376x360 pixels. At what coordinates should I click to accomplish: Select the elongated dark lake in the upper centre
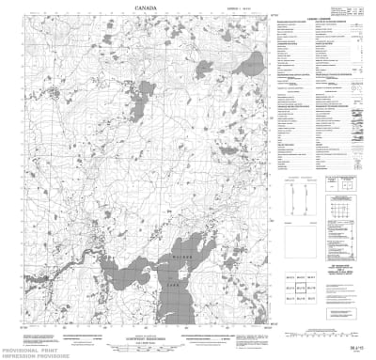pyautogui.click(x=144, y=97)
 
